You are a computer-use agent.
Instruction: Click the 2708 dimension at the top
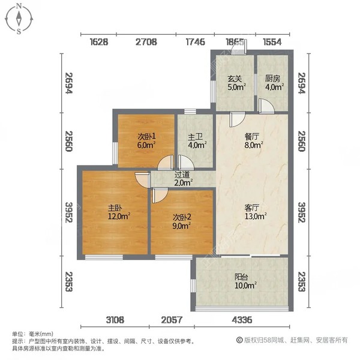146,42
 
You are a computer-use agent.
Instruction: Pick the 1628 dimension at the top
100,42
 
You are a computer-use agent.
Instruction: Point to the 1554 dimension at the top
273,42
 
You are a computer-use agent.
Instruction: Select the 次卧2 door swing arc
160,195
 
